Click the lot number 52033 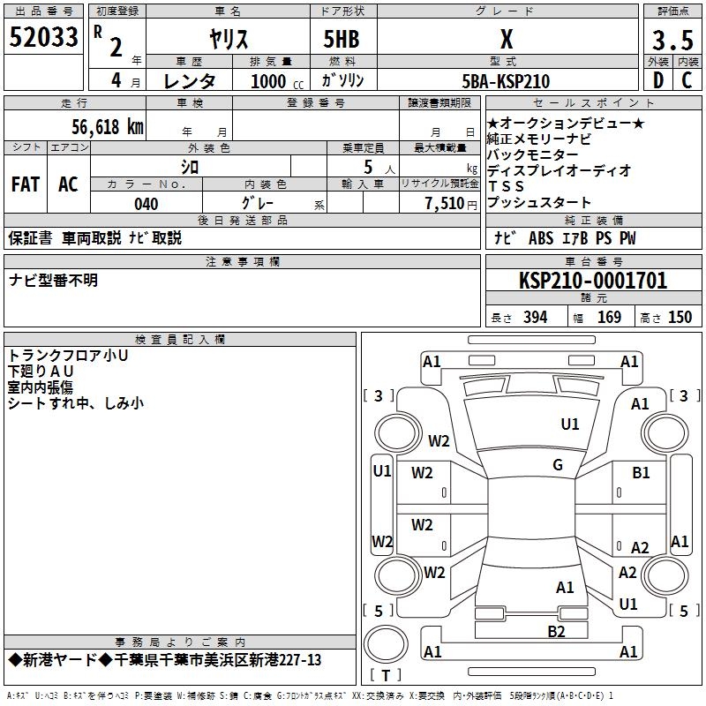click(44, 38)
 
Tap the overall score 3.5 click(671, 41)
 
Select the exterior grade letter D click(658, 80)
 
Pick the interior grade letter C click(687, 80)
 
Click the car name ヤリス click(228, 41)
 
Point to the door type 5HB click(341, 41)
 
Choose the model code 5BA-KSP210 click(506, 80)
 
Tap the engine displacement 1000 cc click(269, 81)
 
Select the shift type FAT click(26, 184)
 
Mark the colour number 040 click(146, 204)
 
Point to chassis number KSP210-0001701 click(593, 282)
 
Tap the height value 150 click(680, 318)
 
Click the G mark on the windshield click(558, 465)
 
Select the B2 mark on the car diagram click(556, 630)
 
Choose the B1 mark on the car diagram click(641, 473)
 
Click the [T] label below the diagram click(386, 676)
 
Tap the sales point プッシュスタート click(539, 202)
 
